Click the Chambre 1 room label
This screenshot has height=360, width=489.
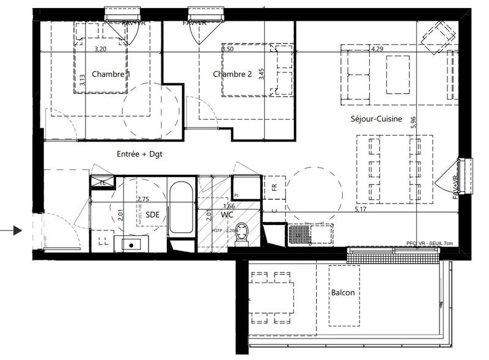click(111, 74)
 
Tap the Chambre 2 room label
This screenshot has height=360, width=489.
click(232, 74)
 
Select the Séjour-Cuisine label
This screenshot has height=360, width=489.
click(377, 119)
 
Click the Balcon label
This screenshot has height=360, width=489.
click(342, 293)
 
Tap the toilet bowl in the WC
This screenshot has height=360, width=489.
click(242, 233)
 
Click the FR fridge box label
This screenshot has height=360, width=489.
click(274, 186)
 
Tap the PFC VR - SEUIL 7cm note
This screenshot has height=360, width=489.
click(428, 243)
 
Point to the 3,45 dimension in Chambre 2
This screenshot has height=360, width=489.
click(262, 74)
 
